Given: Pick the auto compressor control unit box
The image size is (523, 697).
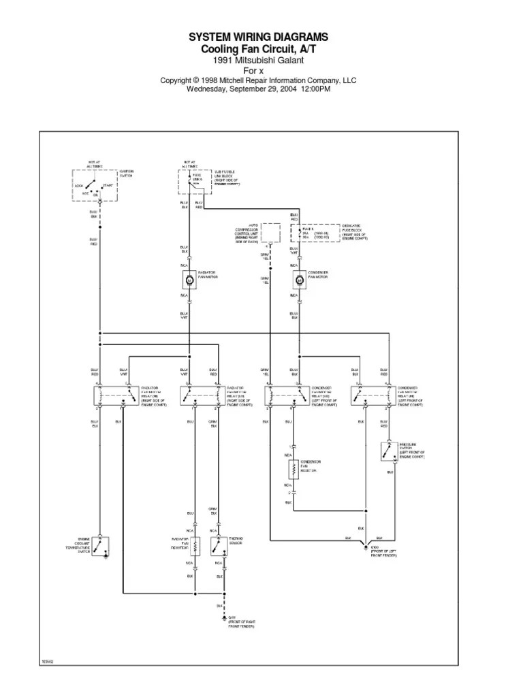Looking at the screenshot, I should (x=271, y=233).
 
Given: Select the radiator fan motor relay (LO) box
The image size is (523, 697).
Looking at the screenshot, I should (x=201, y=395).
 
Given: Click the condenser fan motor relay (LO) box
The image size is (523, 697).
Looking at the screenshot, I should (x=285, y=395).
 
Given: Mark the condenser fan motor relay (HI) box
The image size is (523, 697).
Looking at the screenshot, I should (x=373, y=395).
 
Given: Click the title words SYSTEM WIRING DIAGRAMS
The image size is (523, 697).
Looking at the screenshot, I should (x=257, y=37).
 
